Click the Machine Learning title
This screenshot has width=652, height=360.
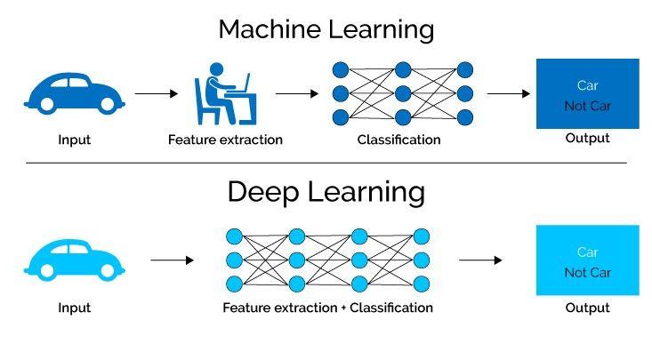click(326, 28)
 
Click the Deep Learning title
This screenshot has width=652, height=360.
click(326, 192)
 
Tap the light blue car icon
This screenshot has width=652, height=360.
click(74, 260)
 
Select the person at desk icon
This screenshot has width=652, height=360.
click(222, 98)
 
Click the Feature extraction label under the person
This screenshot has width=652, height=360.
click(225, 140)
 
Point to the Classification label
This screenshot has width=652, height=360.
click(398, 140)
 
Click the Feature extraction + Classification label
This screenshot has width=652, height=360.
click(327, 308)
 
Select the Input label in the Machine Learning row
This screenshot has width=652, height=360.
click(74, 140)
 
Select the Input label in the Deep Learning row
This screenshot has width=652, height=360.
click(74, 308)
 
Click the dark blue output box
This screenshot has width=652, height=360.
click(587, 93)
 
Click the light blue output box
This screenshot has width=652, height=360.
click(587, 260)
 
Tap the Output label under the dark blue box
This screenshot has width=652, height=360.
click(587, 139)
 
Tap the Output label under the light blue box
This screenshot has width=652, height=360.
click(587, 308)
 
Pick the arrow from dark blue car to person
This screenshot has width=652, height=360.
click(157, 92)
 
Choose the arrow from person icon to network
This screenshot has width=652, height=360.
click(296, 92)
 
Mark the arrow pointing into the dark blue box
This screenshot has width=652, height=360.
click(509, 92)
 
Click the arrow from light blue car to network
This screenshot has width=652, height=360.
click(172, 260)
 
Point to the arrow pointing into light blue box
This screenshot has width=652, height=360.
click(480, 260)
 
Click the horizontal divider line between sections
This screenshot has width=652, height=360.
click(326, 163)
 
